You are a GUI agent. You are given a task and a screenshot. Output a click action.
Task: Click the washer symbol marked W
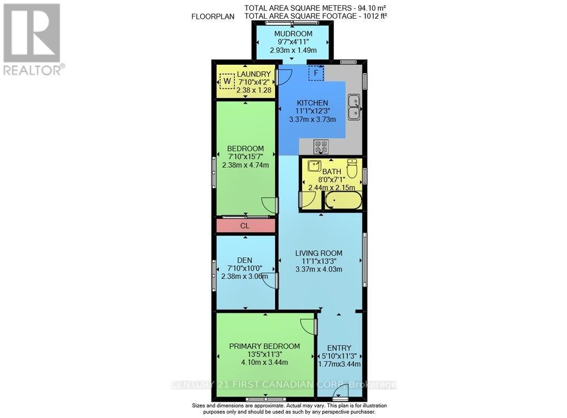227,82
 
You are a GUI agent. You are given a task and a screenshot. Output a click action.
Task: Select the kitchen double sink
355,107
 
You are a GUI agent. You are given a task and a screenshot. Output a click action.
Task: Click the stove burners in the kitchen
321,147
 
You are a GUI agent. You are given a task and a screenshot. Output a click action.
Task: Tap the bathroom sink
313,166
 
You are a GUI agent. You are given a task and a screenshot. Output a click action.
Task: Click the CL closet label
245,225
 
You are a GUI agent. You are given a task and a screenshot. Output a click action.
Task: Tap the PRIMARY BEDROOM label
264,346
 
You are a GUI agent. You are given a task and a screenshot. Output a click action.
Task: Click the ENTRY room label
339,348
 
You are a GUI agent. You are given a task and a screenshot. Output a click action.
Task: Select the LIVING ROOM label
319,253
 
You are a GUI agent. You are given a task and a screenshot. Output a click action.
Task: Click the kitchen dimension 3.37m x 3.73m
312,119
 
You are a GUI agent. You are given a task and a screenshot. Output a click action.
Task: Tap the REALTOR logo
32,39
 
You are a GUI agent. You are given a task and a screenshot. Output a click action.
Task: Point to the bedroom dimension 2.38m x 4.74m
245,165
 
